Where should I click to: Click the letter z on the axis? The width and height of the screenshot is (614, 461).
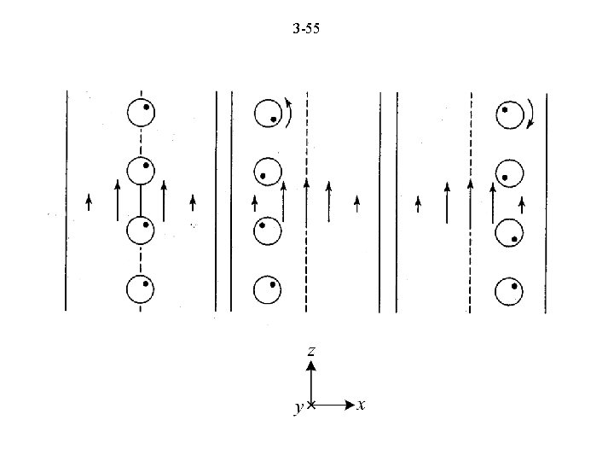(311, 351)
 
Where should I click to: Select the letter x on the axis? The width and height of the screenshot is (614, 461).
(362, 405)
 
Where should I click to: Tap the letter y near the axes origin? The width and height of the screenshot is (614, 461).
(297, 408)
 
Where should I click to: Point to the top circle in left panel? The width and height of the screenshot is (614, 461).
(140, 114)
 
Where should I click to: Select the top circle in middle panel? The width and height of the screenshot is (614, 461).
(269, 114)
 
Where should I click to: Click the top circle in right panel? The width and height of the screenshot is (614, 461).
(511, 114)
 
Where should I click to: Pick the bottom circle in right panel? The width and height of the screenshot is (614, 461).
(510, 291)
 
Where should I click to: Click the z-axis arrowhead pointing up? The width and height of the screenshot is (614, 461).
(311, 366)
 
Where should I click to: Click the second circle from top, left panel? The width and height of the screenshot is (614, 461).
(140, 172)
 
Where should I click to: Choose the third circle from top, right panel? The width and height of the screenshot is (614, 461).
(510, 232)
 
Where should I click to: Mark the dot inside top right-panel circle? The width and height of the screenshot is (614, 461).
(506, 109)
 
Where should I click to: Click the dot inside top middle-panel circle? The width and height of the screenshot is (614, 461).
(273, 120)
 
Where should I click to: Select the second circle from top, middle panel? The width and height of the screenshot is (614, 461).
(269, 172)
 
